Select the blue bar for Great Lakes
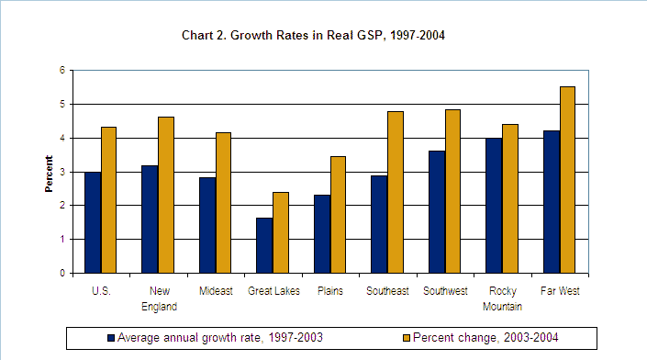click(264, 245)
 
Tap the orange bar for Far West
click(567, 180)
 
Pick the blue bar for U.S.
click(92, 222)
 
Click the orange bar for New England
click(166, 195)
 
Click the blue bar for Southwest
click(437, 212)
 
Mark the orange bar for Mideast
click(223, 203)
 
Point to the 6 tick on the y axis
click(62, 71)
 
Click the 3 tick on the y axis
click(62, 172)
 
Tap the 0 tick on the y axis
click(62, 274)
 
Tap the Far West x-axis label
click(559, 290)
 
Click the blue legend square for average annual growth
click(111, 337)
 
